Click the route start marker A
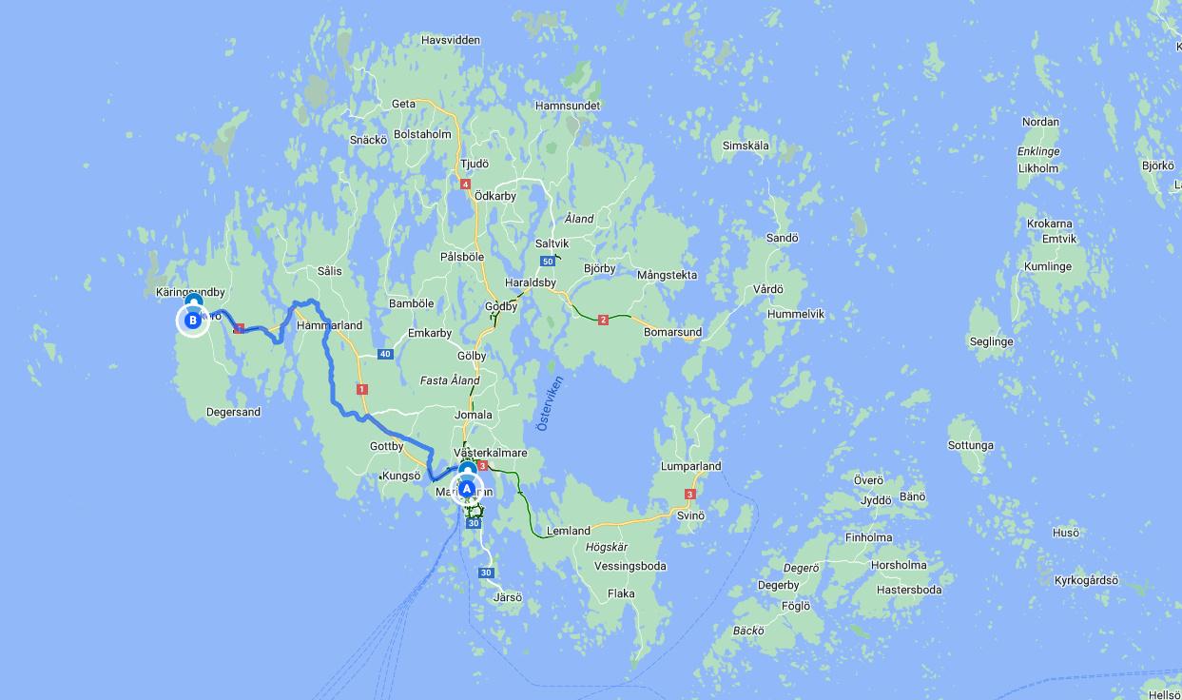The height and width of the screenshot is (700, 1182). (467, 489)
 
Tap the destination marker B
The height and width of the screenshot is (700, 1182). (193, 321)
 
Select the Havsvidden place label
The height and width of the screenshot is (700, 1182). (451, 40)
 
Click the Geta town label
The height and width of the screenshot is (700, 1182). (403, 104)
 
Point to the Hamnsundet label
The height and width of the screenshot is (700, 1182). (568, 106)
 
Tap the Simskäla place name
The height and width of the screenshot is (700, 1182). (746, 146)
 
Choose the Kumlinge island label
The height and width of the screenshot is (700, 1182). (1047, 267)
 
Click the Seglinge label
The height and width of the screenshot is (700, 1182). (991, 341)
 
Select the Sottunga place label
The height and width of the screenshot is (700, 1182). (971, 445)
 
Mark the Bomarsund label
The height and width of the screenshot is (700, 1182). (672, 333)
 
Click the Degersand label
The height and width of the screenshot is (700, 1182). (233, 412)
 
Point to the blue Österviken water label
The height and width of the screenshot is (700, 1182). (550, 403)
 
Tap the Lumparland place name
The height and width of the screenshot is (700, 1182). (691, 466)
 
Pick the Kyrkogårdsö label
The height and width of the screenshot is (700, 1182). (1086, 580)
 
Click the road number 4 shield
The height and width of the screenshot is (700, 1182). (465, 185)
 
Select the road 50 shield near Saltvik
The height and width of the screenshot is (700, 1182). (547, 262)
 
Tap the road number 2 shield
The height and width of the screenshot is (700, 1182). (603, 321)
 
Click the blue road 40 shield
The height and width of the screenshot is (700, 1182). (384, 354)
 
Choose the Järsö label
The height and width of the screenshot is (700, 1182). (508, 597)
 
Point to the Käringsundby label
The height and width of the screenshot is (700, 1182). (190, 292)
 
